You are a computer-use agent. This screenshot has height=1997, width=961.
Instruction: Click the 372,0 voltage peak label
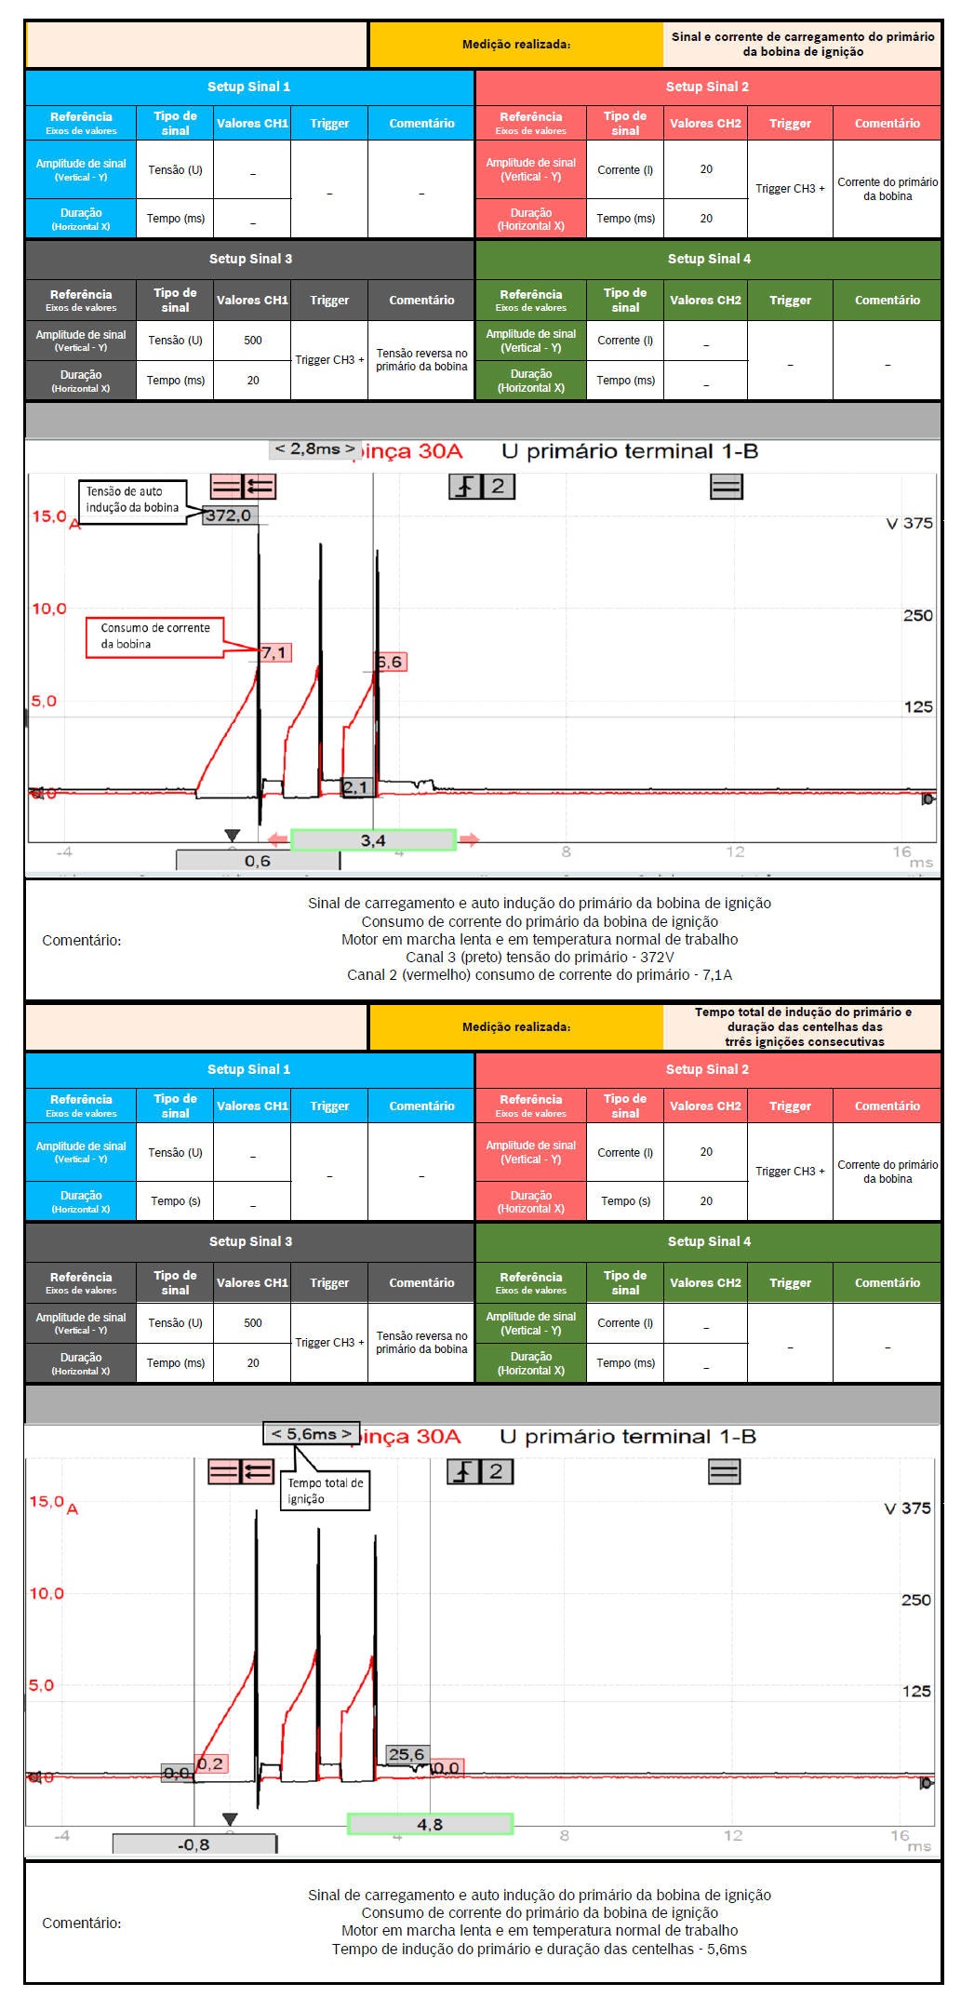(228, 515)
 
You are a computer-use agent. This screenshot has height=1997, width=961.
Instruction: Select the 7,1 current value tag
(274, 652)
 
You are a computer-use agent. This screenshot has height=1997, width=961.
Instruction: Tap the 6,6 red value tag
(390, 662)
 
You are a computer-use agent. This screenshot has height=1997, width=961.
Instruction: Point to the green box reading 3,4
(373, 840)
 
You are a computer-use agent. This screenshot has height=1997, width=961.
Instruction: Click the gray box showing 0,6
(258, 861)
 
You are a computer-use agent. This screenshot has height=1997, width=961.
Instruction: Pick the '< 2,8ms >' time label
(314, 449)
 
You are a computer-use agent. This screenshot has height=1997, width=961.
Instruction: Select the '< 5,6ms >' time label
(312, 1433)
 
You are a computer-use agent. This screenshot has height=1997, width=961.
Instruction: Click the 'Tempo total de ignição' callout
(325, 1490)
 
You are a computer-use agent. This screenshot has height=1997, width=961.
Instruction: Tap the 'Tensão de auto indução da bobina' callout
(132, 500)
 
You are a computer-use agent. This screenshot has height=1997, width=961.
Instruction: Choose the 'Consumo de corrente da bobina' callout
(155, 637)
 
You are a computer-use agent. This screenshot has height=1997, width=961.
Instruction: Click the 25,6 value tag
(407, 1754)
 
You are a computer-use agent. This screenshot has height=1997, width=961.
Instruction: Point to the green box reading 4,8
(430, 1824)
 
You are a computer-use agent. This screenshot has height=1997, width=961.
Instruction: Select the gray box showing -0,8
(194, 1843)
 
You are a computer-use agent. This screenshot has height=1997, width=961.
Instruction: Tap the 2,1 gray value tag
(355, 787)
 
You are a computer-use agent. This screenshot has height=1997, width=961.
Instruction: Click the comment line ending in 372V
(540, 957)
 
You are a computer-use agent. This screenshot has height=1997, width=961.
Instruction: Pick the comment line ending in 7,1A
(540, 974)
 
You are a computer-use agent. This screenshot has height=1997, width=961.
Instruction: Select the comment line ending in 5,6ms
(540, 1949)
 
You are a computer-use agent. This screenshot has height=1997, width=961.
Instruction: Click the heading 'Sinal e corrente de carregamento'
(803, 44)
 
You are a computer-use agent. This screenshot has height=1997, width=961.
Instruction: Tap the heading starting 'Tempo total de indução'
(803, 1026)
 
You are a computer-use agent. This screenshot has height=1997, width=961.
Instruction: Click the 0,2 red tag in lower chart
(211, 1763)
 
